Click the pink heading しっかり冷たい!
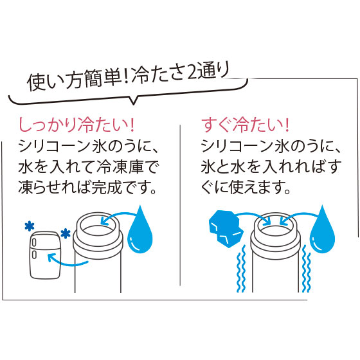76,125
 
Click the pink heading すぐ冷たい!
245,125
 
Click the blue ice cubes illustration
226,228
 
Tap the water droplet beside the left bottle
140,230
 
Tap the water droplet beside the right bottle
322,230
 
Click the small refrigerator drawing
46,255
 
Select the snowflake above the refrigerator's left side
30,226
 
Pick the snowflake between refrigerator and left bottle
66,233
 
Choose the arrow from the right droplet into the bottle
298,215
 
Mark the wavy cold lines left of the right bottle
241,269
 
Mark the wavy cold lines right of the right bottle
307,269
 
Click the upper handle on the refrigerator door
34,242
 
